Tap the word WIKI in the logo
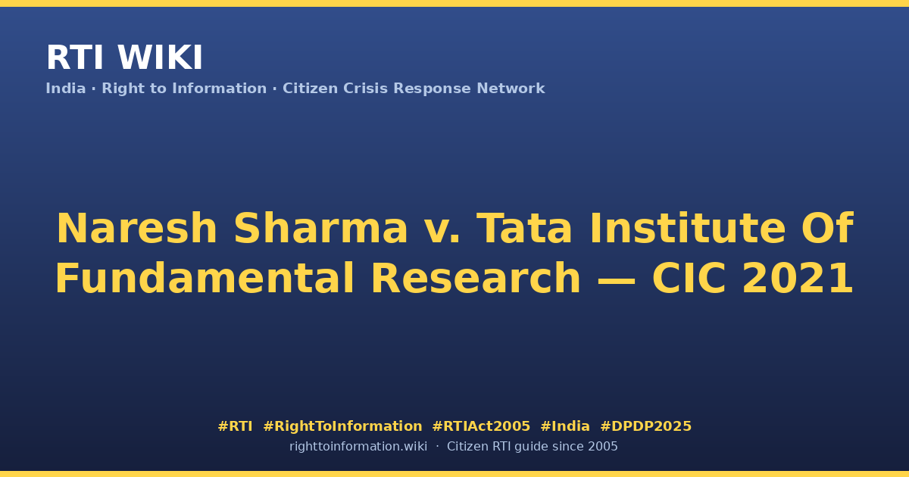160,58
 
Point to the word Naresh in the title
137,229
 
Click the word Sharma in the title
320,229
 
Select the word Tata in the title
524,229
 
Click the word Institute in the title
688,229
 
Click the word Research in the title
476,278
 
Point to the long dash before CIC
617,280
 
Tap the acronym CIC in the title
689,278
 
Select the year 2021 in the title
798,278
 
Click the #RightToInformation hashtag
342,426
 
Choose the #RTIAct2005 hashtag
481,426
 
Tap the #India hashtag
565,426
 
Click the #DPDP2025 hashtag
645,426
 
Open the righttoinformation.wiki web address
358,447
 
